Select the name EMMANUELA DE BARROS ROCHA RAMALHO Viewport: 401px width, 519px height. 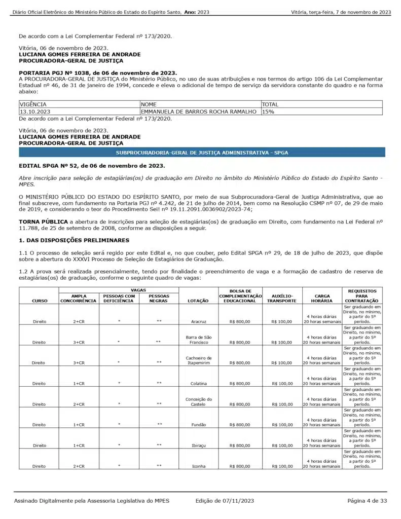tap(198, 112)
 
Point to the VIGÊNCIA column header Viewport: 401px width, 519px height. tap(33, 104)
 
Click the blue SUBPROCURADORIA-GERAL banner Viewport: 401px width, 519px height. tap(201, 152)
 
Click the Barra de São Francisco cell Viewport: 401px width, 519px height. tap(198, 340)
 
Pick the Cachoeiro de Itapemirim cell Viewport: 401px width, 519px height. tap(198, 360)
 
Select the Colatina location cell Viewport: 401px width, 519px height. tap(198, 383)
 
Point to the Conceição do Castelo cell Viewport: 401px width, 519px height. tap(198, 401)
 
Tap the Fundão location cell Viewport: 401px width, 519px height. tap(198, 424)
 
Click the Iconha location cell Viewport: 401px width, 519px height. tap(198, 465)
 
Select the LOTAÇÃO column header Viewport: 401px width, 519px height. tap(198, 301)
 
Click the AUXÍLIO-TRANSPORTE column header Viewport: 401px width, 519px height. tap(282, 298)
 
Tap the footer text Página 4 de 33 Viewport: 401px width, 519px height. tap(367, 501)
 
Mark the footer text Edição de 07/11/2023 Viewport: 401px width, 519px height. tap(224, 501)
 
